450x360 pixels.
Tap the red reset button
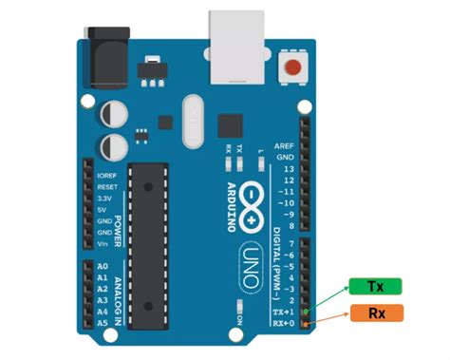pyautogui.click(x=297, y=69)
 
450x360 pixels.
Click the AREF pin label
pyautogui.click(x=284, y=146)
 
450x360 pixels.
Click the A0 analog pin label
pyautogui.click(x=103, y=267)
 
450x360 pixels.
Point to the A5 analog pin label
pyautogui.click(x=103, y=323)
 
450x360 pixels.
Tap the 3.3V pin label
pyautogui.click(x=104, y=199)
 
